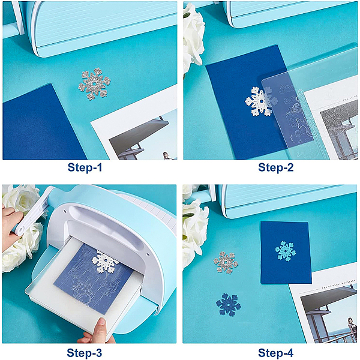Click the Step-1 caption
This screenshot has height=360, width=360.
pos(85,167)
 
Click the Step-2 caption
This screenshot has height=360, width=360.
pos(276,167)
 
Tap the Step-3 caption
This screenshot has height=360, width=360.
pos(84,353)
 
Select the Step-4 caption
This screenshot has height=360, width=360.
pos(276,353)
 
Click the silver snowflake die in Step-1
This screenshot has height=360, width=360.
pos(94,84)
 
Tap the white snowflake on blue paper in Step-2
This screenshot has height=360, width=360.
pos(261,101)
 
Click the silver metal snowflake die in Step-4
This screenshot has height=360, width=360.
pos(226,263)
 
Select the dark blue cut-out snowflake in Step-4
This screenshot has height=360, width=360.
pos(229,305)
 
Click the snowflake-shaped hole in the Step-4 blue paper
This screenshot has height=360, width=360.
pos(286,251)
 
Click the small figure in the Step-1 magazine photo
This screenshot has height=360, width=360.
pos(166,155)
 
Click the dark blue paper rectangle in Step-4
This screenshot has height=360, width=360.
pos(286,253)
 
